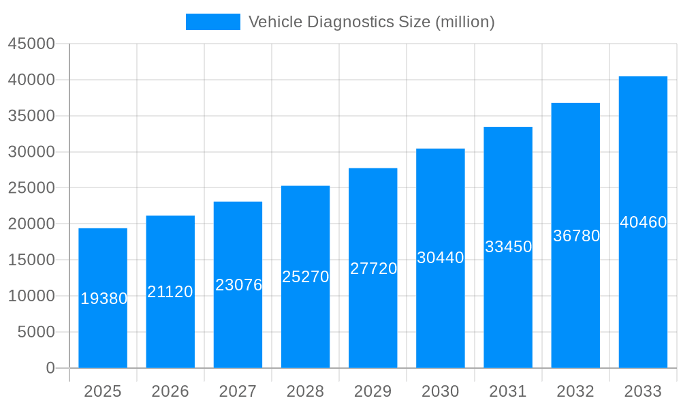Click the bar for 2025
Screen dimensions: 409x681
(103, 327)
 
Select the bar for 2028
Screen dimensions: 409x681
(305, 320)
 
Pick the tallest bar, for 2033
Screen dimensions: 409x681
(643, 286)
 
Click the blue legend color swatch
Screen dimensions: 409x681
(212, 22)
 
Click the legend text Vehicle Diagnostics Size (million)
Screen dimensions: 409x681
(371, 22)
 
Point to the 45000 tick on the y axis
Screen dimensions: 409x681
(31, 44)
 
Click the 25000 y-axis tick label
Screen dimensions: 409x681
(31, 187)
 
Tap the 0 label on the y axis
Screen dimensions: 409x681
(50, 368)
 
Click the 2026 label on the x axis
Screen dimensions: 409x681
(170, 391)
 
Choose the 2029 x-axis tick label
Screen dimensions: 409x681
(373, 391)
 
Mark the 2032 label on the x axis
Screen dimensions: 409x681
(575, 391)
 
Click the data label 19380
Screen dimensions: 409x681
(104, 299)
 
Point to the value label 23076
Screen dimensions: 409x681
(238, 285)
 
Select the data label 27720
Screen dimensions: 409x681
(373, 269)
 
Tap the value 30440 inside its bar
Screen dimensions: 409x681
(441, 258)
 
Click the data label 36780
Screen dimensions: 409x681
(576, 236)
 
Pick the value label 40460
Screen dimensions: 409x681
(643, 222)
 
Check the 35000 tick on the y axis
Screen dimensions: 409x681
(31, 116)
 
